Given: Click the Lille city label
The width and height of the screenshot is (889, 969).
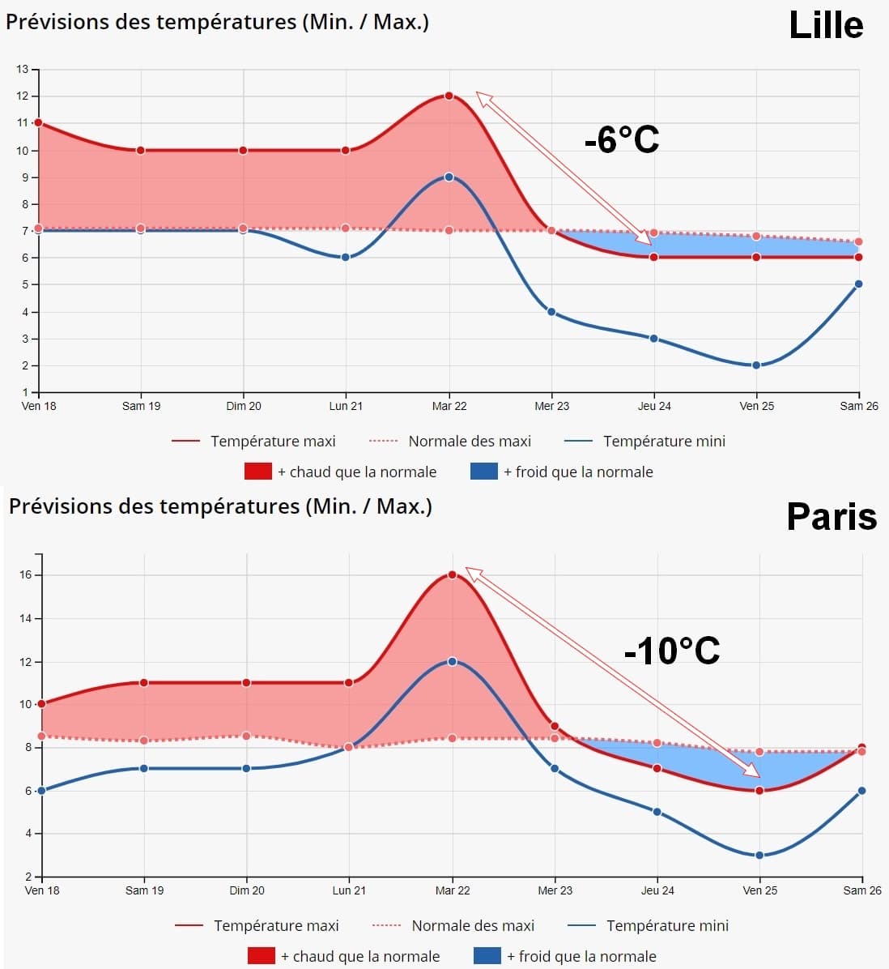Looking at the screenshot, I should (x=826, y=25).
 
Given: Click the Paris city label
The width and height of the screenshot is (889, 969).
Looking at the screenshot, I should (x=832, y=516).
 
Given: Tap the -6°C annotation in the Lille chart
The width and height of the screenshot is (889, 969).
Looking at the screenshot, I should (x=622, y=140).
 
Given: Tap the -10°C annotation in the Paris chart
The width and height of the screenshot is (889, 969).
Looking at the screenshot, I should (x=672, y=651).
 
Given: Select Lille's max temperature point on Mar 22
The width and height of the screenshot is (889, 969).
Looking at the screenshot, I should (x=449, y=96).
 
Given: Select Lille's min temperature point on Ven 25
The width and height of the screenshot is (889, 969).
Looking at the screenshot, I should (x=756, y=365).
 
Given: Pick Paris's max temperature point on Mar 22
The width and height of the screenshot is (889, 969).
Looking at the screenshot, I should (x=452, y=574).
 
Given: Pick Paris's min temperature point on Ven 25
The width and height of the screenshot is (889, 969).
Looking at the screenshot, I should (x=759, y=855).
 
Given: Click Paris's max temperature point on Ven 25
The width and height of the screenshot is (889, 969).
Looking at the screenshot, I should (x=759, y=790).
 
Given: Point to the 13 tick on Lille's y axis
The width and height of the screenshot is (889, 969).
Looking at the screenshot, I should (x=23, y=69).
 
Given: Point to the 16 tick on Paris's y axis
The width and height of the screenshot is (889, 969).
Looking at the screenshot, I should (x=25, y=574).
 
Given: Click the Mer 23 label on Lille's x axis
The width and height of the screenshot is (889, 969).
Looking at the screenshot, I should (x=551, y=406).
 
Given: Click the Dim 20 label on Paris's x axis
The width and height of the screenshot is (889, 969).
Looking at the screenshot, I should (x=247, y=890).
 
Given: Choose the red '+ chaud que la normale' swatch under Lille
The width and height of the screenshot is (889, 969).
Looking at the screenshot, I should (x=257, y=472).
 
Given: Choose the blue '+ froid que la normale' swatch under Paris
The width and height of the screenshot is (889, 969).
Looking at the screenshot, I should (x=487, y=956).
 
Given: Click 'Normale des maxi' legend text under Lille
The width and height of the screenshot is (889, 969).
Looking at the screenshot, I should (x=470, y=441).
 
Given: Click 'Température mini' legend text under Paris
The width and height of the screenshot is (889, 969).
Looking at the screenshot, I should (x=667, y=925).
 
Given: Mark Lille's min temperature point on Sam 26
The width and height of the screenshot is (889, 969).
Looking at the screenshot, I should (x=858, y=284).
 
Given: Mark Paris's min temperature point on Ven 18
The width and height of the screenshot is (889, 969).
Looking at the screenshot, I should (x=41, y=790).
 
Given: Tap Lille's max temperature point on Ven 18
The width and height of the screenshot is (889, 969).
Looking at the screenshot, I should (x=38, y=122).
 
